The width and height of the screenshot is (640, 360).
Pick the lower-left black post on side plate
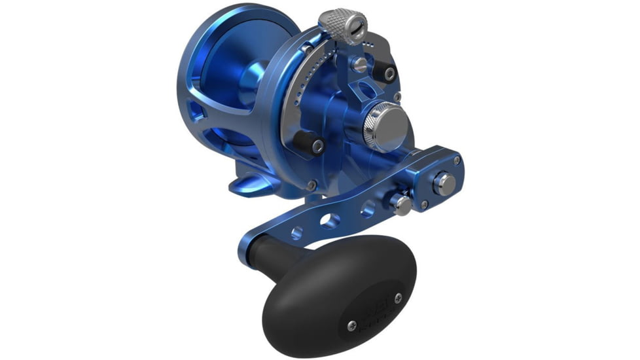pos(305,139)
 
